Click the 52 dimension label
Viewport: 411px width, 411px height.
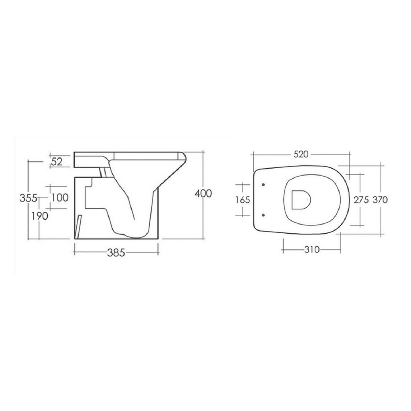57,162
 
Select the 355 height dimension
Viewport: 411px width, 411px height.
28,198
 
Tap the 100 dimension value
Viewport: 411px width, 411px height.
60,197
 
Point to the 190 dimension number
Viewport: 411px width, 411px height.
40,216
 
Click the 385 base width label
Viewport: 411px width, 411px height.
116,253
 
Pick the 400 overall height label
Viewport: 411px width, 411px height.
203,193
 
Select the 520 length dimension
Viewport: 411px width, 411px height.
301,155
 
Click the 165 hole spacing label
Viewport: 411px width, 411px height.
243,200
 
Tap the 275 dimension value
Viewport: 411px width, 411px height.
361,200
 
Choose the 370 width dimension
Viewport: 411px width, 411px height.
380,200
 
